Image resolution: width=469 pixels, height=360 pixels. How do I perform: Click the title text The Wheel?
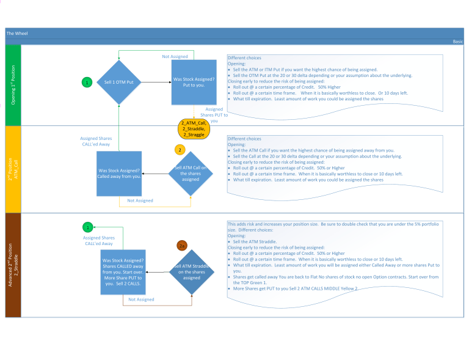(17, 33)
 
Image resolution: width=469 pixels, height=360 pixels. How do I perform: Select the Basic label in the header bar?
(457, 42)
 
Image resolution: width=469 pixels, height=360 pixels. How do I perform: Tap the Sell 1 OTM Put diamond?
(119, 82)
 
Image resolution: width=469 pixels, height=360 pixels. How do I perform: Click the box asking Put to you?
(194, 82)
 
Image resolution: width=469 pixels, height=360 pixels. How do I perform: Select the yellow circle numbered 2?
(180, 150)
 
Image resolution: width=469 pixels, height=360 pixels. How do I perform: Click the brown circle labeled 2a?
(182, 246)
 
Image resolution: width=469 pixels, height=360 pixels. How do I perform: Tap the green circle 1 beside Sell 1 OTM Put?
(87, 82)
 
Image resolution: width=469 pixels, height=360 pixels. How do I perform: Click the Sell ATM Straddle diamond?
(192, 272)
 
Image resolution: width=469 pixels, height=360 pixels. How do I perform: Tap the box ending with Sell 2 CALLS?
(123, 272)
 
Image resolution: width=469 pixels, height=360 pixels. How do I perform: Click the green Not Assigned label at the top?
(175, 57)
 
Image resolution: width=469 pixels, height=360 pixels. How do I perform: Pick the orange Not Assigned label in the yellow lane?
(140, 200)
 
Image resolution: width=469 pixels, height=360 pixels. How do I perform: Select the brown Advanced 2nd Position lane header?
(13, 265)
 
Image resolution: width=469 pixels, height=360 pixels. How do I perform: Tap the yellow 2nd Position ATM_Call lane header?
(13, 170)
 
